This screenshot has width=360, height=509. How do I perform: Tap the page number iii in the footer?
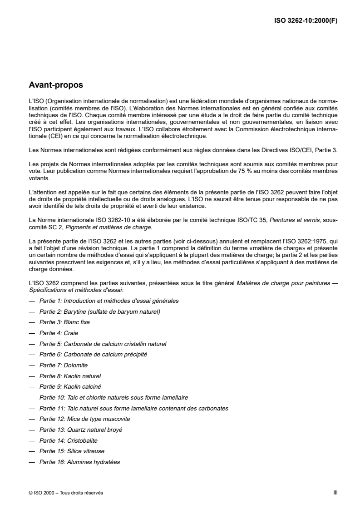[335, 493]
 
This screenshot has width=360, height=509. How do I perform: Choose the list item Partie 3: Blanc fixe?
[64, 322]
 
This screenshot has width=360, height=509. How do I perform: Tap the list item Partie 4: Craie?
[59, 333]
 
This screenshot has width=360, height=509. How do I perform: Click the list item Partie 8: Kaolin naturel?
[70, 376]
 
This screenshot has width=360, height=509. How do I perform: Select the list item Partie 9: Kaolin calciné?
[70, 387]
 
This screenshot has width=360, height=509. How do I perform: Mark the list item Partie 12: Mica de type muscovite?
[84, 419]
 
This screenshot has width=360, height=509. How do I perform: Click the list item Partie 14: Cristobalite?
[69, 440]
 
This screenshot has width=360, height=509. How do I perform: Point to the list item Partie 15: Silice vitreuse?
[72, 451]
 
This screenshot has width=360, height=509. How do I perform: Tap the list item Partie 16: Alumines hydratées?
[80, 462]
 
